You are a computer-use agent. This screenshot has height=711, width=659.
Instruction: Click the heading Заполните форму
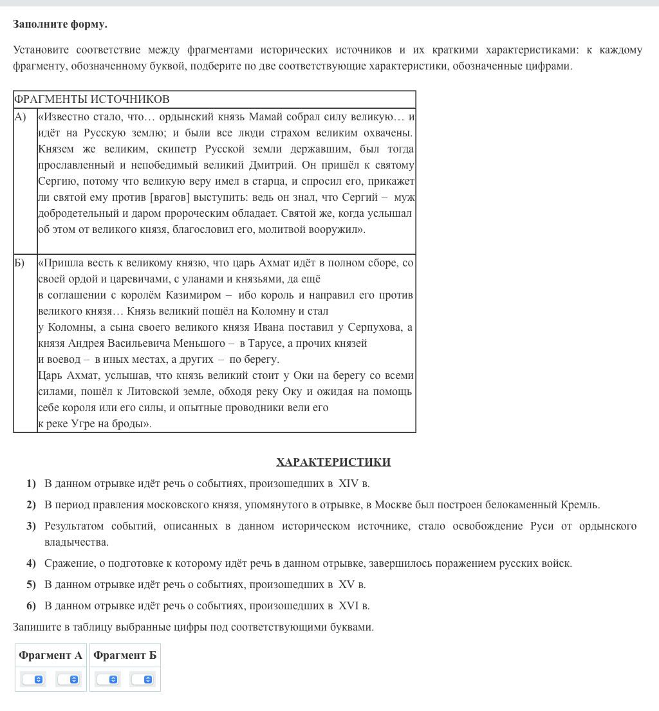click(60, 24)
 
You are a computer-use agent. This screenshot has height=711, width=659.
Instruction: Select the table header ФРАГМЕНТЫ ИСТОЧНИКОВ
click(92, 99)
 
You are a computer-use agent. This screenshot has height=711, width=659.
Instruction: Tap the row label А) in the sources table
click(21, 116)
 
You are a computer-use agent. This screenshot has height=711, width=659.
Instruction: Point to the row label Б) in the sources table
click(20, 263)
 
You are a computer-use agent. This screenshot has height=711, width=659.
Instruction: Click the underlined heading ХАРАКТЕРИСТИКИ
click(333, 462)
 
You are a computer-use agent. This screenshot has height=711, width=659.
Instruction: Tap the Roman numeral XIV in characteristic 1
click(348, 483)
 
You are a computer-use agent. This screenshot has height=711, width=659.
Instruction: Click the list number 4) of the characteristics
click(31, 563)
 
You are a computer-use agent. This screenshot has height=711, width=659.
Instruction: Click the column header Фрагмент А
click(51, 655)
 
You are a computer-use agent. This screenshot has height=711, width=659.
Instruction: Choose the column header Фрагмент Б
click(125, 655)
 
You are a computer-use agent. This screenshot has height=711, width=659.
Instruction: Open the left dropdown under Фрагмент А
click(33, 679)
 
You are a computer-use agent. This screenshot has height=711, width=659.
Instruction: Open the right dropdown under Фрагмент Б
click(143, 679)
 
